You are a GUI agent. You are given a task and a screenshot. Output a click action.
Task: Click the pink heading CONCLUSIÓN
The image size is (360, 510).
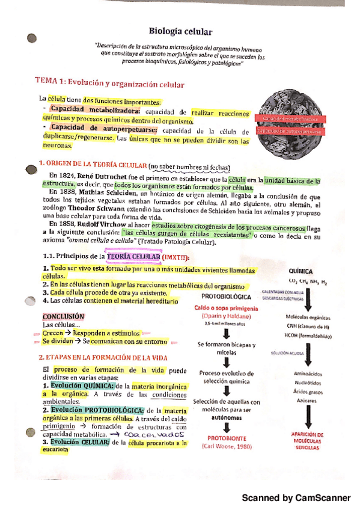[64, 316]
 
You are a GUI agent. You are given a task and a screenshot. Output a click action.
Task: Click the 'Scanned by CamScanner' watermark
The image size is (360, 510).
[294, 498]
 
